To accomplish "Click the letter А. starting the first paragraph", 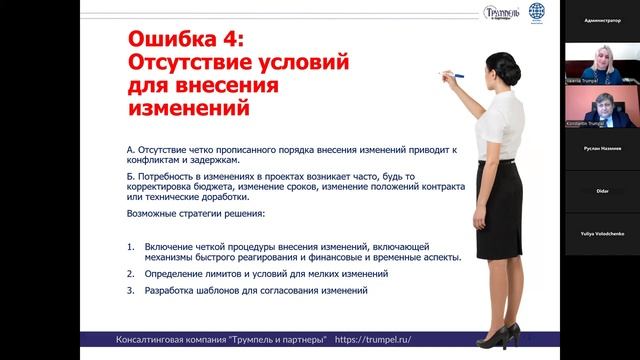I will [132, 149].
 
